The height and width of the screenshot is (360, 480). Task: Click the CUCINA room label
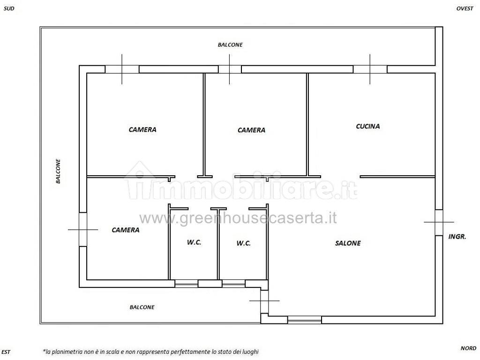367,126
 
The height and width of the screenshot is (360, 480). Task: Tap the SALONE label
348,243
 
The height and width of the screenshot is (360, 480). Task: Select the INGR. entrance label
457,236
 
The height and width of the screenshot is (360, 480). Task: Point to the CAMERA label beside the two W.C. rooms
126,230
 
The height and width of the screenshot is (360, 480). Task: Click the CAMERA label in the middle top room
251,130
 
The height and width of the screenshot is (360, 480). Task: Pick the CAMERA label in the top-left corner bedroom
142,129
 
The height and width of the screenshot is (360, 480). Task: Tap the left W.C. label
194,242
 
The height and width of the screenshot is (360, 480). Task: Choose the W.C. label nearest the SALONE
244,243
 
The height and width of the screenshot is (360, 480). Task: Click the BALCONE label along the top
230,45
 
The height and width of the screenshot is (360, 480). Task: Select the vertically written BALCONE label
58,171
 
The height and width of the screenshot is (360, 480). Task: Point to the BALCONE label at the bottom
142,307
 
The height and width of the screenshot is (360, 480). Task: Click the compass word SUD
9,8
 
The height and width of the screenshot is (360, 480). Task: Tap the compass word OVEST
465,8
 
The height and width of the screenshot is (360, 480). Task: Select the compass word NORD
468,348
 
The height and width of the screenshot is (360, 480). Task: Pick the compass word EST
6,352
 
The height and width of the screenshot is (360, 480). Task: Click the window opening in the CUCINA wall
370,69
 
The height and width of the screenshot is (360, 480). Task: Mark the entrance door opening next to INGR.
439,223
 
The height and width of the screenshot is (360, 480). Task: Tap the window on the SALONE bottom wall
305,320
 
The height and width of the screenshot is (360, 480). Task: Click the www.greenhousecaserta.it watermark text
238,218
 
